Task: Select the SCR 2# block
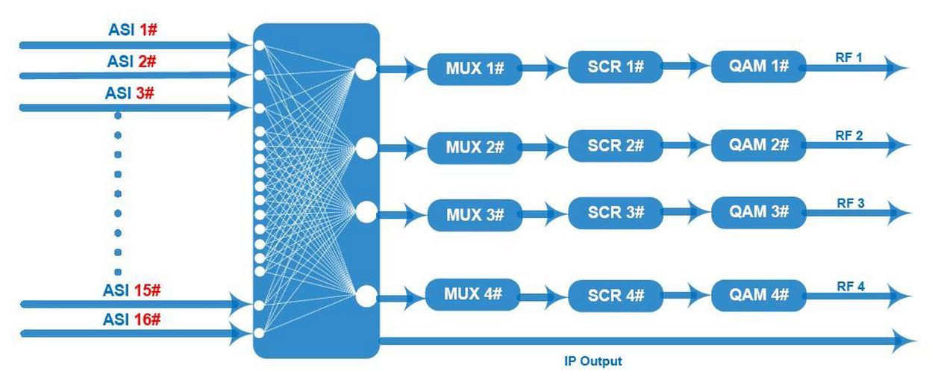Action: coord(615,145)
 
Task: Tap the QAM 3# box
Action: coord(758,212)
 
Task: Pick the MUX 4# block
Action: coord(472,294)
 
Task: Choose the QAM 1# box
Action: coord(758,66)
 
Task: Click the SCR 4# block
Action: coord(615,296)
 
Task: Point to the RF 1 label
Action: coord(848,57)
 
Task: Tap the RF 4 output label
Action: coord(850,286)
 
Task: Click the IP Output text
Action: coord(592,361)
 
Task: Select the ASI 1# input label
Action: coord(132,31)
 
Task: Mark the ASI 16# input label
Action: coord(132,319)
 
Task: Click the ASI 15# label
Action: coord(131,290)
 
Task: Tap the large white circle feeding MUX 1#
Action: coord(366,69)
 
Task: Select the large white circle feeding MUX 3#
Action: coord(366,213)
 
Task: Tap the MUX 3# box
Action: coord(475,215)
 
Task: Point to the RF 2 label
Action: coord(849,135)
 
